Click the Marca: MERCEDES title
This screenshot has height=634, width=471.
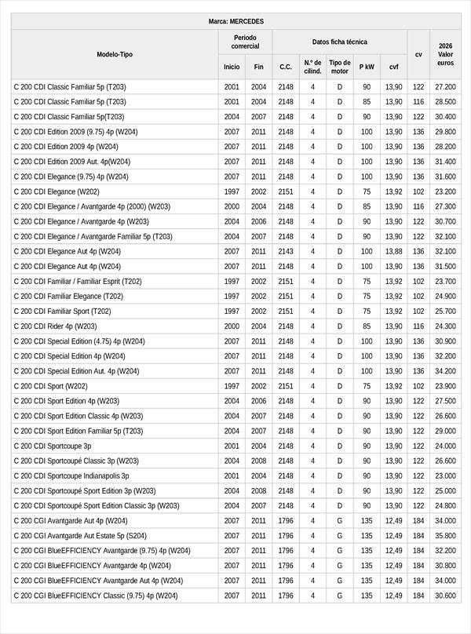235,21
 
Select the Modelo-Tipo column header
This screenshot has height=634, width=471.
115,54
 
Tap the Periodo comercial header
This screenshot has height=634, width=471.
245,42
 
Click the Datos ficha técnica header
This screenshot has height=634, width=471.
339,42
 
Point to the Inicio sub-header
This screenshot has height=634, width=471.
232,67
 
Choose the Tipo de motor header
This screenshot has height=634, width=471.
339,67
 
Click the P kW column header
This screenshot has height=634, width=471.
367,67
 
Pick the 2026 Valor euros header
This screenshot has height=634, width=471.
445,54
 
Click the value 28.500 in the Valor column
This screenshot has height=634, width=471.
445,102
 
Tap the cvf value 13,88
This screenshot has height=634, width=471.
393,252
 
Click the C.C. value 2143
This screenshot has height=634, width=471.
286,252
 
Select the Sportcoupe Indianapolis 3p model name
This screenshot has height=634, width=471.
71,476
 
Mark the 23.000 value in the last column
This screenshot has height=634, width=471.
445,476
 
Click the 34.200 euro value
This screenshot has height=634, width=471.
445,371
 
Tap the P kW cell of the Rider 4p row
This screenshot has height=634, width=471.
367,326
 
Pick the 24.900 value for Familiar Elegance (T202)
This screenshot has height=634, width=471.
445,297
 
